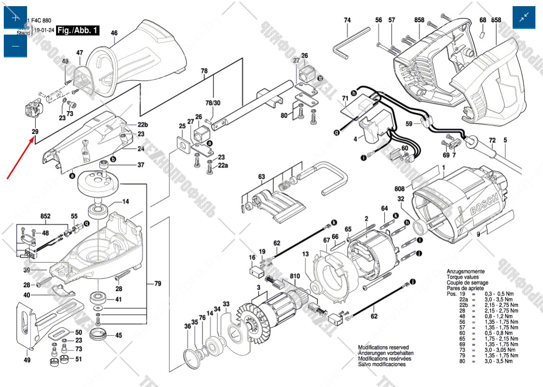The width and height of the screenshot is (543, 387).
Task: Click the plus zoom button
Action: pos(15,18)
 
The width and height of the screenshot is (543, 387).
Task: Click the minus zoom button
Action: pos(15,46)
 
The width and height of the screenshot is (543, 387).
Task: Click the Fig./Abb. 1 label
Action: pos(77,31)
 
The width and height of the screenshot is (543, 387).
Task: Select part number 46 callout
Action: pos(114,33)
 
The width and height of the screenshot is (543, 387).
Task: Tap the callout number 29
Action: pos(35,131)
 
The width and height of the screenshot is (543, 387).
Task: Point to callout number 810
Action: pos(295,276)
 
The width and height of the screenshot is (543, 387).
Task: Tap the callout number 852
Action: pos(46,216)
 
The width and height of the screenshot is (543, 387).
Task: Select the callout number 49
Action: pos(27,360)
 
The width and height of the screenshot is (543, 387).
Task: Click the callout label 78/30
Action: pos(213,103)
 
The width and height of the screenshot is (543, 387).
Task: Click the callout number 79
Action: pos(157,284)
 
